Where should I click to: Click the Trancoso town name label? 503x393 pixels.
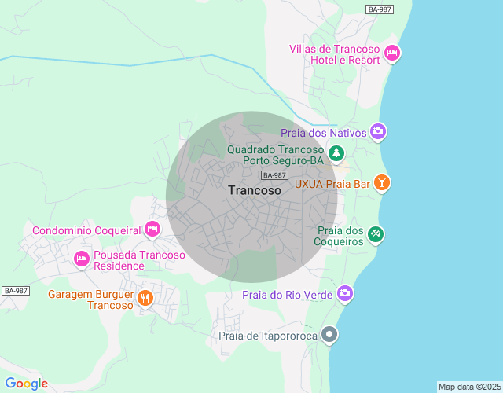254,190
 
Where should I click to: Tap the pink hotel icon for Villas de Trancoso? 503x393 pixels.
392,53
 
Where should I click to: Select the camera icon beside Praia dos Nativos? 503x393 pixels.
378,131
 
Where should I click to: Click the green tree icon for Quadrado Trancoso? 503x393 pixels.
336,152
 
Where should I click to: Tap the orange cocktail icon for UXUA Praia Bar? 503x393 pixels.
381,183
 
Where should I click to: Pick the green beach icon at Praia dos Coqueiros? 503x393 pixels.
376,234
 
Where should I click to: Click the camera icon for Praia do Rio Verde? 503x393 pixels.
344,294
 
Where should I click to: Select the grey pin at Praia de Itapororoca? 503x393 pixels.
330,336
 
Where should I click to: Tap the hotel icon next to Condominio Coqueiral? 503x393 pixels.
152,230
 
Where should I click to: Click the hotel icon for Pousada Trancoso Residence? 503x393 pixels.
81,259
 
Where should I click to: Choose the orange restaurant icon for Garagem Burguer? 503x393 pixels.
145,298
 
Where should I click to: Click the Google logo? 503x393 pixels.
26,384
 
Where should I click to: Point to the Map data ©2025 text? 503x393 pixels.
468,387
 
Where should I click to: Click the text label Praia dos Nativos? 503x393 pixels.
323,133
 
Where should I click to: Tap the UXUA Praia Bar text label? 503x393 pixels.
332,185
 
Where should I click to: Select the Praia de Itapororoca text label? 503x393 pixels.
267,336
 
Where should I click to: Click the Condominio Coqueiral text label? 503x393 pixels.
86,230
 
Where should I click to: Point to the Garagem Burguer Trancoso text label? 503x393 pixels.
90,299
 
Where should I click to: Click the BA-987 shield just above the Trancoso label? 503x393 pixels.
275,175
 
